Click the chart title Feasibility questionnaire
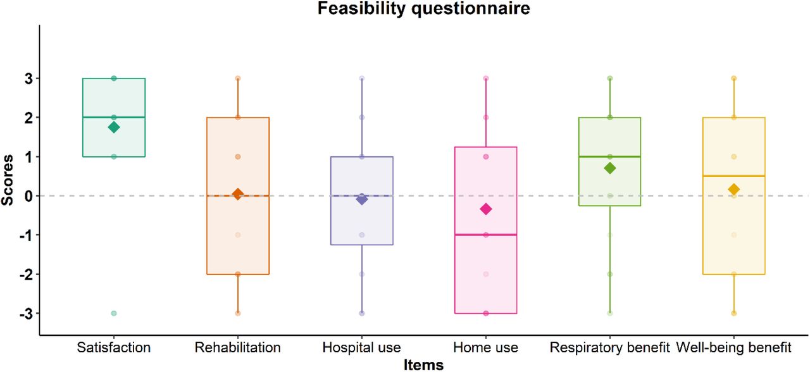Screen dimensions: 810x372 tap(423, 8)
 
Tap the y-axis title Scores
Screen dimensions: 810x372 tap(7, 180)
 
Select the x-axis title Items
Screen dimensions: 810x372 tap(423, 365)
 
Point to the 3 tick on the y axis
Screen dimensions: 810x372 tap(29, 78)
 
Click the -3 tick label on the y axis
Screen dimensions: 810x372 tap(27, 313)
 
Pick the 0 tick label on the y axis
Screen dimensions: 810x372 tap(29, 196)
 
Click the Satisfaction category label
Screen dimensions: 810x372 tap(113, 347)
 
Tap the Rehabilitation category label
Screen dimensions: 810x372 tap(237, 347)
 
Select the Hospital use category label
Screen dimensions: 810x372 tap(361, 348)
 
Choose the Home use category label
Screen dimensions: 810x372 tap(485, 347)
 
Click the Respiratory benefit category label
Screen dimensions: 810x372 tap(609, 348)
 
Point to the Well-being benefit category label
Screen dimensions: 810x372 tap(733, 348)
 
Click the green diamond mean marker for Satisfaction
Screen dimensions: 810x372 tap(114, 127)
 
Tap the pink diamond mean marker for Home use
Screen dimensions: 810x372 tap(485, 209)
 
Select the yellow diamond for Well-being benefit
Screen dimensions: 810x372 tap(733, 189)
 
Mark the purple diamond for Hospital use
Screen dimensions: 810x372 tap(361, 199)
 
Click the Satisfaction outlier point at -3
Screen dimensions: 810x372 tap(114, 313)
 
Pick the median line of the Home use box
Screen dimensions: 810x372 tap(485, 235)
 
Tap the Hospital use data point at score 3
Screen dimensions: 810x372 tap(361, 78)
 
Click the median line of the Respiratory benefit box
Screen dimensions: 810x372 tap(609, 156)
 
